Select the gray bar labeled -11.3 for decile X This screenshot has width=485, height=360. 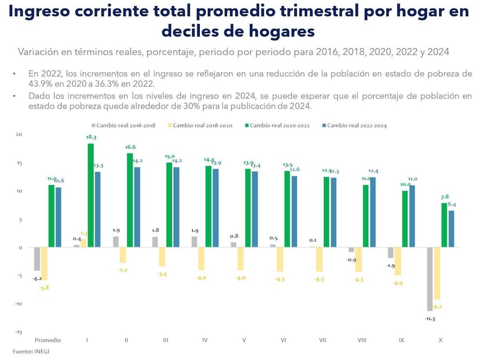pos(430,279)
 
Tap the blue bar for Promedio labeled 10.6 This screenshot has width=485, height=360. pos(58,217)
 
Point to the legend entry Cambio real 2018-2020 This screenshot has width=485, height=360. pos(201,125)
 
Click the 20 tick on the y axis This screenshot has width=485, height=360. pos(19,135)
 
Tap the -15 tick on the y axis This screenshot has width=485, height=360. pos(19,332)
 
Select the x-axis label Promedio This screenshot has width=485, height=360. pos(48,340)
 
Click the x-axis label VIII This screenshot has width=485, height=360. pos(361,340)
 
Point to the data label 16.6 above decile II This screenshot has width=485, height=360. pos(130,147)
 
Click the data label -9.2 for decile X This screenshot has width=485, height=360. pos(438,307)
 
